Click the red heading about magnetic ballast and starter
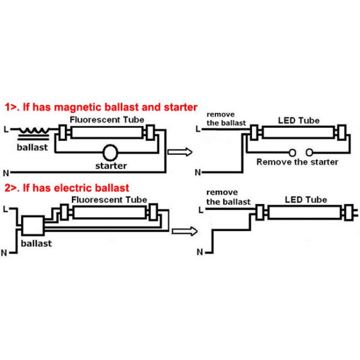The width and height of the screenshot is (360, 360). (x=101, y=108)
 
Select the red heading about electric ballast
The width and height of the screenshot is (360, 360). (x=67, y=188)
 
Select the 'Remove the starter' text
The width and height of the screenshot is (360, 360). (x=297, y=162)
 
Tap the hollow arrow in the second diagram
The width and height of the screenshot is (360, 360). (x=184, y=230)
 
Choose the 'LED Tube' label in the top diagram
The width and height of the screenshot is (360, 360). (x=298, y=120)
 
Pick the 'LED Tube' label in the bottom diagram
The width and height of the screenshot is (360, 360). (x=306, y=199)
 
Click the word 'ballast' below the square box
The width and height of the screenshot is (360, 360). (x=36, y=244)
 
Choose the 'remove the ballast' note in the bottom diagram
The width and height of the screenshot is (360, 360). (x=229, y=197)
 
